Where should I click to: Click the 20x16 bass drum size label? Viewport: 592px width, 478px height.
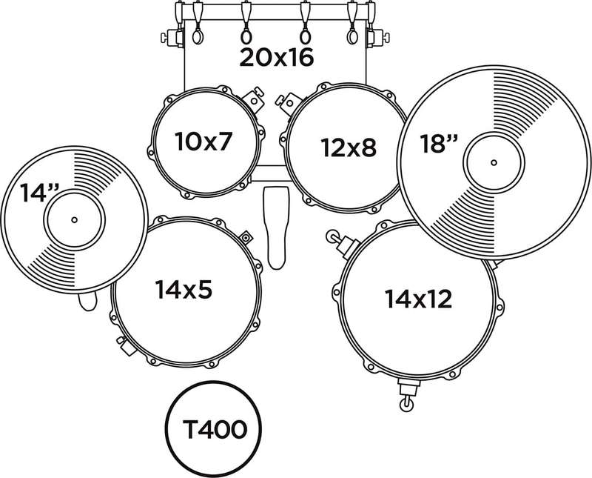click(276, 58)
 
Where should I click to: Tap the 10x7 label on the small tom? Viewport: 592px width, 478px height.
click(202, 141)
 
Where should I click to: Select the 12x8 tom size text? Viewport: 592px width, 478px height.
click(349, 147)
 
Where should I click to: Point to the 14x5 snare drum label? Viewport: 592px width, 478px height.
click(184, 289)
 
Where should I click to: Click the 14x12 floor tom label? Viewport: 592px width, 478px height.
click(418, 299)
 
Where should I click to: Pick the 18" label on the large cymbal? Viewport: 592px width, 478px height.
click(439, 144)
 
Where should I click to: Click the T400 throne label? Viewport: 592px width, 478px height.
click(215, 430)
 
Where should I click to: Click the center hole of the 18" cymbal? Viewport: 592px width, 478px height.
click(494, 162)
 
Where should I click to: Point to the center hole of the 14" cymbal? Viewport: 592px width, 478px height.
click(74, 219)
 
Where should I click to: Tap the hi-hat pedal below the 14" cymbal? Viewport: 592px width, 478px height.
click(88, 301)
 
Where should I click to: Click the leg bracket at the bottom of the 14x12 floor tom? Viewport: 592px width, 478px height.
click(408, 394)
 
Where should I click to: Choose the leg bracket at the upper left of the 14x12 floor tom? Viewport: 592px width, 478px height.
click(342, 243)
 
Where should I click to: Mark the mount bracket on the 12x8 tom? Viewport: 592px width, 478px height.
click(289, 102)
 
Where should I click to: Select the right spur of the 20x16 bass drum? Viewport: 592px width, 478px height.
click(378, 38)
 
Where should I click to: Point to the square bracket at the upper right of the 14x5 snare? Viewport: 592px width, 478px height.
click(246, 237)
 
